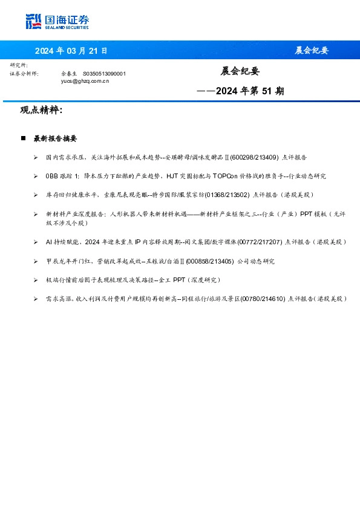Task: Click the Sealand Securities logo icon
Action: [34, 21]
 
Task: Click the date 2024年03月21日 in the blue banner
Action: [71, 50]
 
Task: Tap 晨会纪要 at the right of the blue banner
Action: [312, 50]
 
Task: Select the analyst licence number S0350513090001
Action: [104, 73]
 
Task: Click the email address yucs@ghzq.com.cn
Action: [85, 80]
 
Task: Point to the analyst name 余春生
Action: [70, 73]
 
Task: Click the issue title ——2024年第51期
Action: [240, 91]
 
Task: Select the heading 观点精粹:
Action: [41, 111]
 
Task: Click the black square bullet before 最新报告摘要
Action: [23, 138]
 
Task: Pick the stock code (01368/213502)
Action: [227, 195]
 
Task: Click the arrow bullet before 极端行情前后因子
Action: [36, 280]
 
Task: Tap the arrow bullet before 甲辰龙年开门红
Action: [36, 261]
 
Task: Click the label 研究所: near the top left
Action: [19, 65]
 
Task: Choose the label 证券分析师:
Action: [24, 73]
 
